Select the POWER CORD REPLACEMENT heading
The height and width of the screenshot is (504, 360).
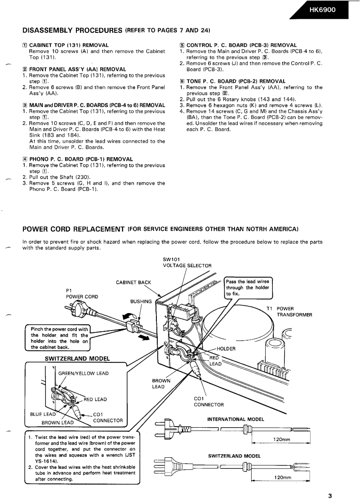[x=73, y=229]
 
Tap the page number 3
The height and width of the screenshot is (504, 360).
[x=330, y=496]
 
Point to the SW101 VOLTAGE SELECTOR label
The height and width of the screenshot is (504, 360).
[x=187, y=262]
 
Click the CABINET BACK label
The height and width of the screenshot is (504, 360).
[x=133, y=282]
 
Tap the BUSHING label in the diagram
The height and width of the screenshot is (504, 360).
[x=140, y=301]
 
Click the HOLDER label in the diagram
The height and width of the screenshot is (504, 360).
[x=227, y=348]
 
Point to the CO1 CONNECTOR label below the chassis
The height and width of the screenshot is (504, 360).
[x=209, y=402]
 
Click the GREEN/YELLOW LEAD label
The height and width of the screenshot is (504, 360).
[x=84, y=373]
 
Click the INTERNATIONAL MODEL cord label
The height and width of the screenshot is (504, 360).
[x=236, y=419]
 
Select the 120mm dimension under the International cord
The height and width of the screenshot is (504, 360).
[x=282, y=439]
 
